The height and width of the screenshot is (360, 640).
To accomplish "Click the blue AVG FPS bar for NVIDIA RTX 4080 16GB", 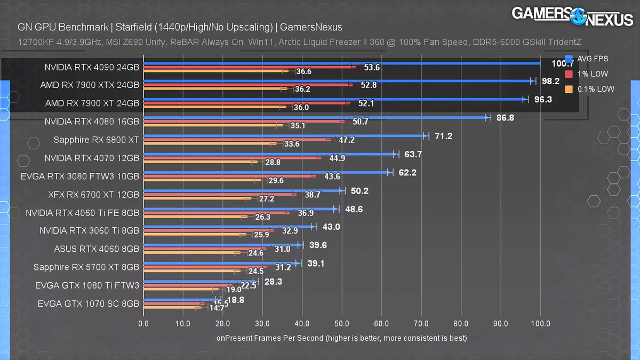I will pos(315,117).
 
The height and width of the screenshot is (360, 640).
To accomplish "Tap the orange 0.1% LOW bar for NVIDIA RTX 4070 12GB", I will pos(200,162).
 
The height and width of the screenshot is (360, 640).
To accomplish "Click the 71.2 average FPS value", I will pos(443,136).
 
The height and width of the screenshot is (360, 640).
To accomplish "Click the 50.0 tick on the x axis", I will pos(342,323).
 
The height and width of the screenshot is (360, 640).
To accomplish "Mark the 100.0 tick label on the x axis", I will pos(540,323).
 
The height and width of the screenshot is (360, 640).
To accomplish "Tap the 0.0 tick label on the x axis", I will pos(143,323).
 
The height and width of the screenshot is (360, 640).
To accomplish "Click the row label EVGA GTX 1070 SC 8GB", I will pos(89,303).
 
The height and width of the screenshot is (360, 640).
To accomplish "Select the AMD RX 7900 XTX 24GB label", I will pos(90,85).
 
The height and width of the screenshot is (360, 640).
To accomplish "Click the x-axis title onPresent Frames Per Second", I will pos(341,338).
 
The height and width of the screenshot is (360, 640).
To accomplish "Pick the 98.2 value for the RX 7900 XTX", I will pos(551,81).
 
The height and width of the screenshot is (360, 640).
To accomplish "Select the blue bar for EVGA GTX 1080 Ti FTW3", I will pos(201,281).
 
